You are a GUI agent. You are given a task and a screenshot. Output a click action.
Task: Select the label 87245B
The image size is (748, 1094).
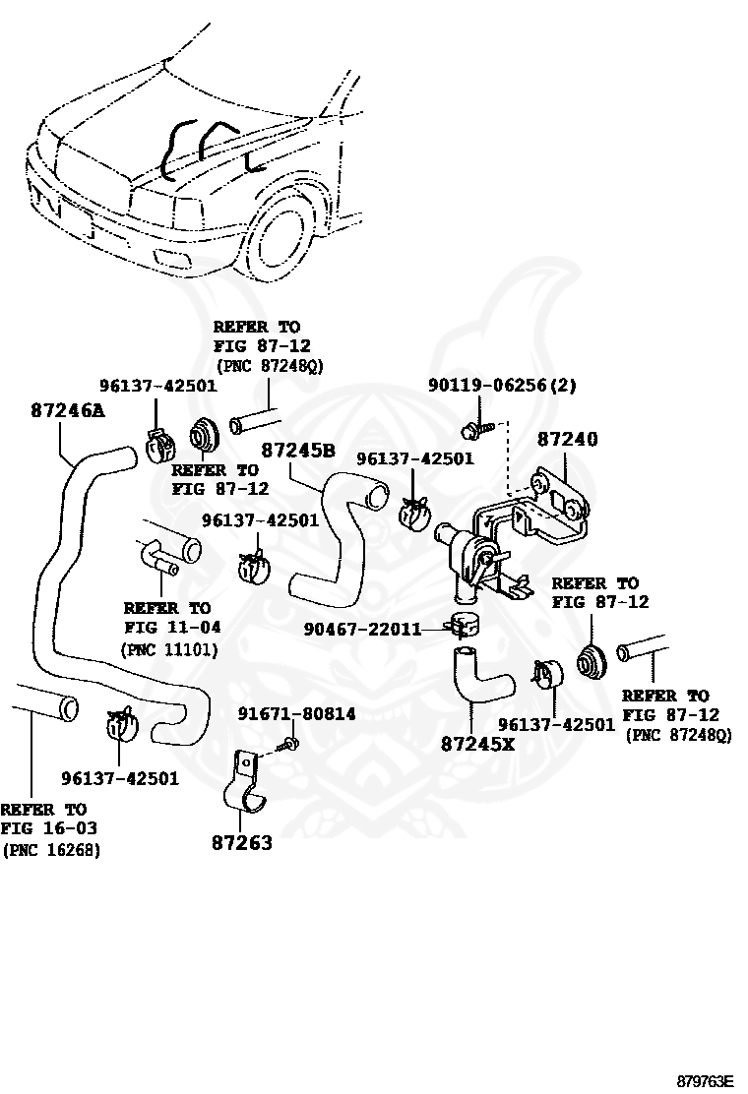click(298, 450)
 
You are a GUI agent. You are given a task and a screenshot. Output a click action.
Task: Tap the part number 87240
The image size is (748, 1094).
click(567, 439)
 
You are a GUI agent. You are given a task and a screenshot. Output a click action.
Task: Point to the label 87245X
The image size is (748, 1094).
click(477, 744)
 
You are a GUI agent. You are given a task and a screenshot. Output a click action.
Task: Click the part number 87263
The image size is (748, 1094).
click(242, 843)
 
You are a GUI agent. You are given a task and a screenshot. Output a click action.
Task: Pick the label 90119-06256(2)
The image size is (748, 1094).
click(502, 386)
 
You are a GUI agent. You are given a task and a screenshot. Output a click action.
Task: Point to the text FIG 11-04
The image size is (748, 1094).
click(173, 627)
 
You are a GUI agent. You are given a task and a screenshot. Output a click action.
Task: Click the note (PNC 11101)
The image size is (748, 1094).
click(169, 649)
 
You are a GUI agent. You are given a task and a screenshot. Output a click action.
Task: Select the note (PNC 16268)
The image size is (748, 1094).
click(51, 850)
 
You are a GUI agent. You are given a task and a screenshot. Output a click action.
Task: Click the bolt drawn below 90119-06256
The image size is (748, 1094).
click(473, 429)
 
